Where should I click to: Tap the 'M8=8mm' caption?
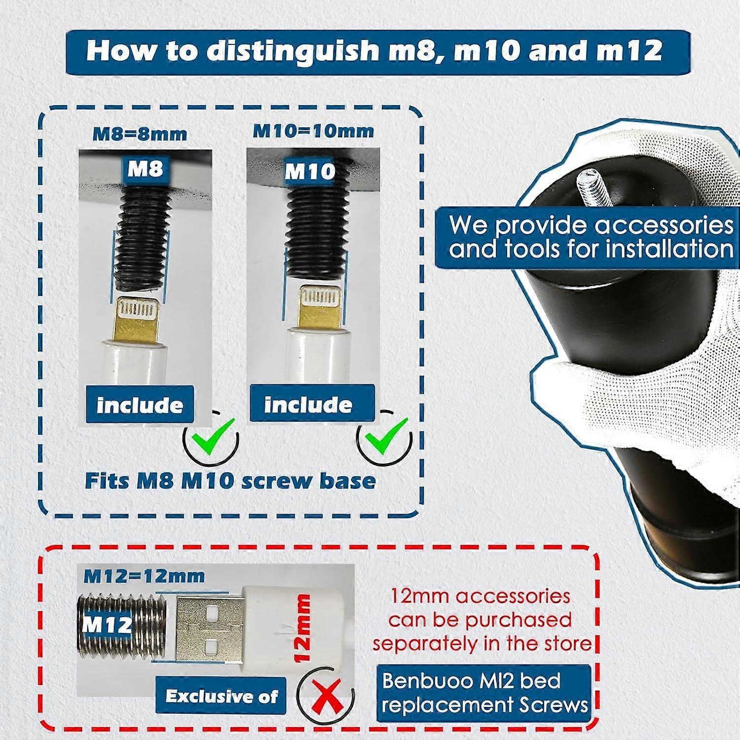coord(140,134)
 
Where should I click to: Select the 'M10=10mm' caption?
coord(313,131)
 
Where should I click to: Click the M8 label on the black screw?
coord(145,169)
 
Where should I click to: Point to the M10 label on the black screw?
coord(310,171)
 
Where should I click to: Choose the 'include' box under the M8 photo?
coord(140,405)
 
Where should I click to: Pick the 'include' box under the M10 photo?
coord(312,404)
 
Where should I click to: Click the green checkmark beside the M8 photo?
coord(213,437)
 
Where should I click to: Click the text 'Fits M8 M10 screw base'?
coord(230,481)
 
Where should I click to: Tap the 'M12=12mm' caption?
coord(144,576)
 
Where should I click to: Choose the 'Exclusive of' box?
coord(221,695)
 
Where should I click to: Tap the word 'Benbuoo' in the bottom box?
coord(423,681)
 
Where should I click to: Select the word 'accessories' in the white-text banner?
coord(664,225)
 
